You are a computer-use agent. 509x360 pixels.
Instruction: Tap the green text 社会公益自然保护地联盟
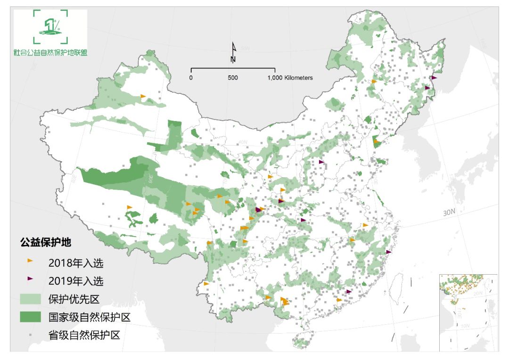(50, 53)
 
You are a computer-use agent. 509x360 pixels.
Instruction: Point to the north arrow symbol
(233, 52)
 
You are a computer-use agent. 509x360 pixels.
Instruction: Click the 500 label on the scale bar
(233, 78)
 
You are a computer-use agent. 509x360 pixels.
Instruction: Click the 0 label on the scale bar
(191, 78)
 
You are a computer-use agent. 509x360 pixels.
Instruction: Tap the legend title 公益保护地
(45, 243)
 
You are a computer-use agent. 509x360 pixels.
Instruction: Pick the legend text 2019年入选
(75, 281)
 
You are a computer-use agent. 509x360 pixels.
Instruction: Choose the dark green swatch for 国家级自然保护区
(31, 317)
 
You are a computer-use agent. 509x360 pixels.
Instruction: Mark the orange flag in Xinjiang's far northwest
(143, 97)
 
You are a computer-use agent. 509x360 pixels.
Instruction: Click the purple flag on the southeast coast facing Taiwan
(388, 252)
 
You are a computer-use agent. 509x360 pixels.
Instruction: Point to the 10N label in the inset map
(466, 326)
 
